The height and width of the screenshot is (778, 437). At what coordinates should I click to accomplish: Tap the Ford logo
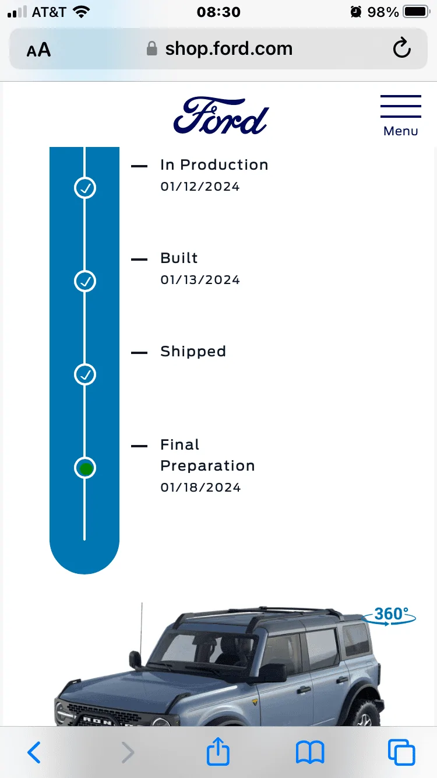[x=221, y=115]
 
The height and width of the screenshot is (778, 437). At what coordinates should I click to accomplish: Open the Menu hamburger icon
[x=400, y=106]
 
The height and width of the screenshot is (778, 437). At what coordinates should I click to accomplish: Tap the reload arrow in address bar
[x=401, y=48]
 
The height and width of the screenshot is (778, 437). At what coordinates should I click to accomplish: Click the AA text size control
[x=39, y=50]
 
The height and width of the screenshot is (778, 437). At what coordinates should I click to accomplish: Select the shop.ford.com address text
[x=229, y=48]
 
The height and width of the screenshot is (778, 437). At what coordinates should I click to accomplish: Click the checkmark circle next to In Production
[x=85, y=188]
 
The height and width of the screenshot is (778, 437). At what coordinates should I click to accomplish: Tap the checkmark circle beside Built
[x=85, y=281]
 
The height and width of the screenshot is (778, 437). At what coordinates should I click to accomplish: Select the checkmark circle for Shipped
[x=85, y=374]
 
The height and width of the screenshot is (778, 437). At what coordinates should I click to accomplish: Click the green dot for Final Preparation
[x=86, y=468]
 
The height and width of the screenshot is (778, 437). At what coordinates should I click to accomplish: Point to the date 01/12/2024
[x=200, y=187]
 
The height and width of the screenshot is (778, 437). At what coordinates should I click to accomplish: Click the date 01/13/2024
[x=200, y=279]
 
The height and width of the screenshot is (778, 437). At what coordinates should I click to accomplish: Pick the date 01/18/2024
[x=200, y=488]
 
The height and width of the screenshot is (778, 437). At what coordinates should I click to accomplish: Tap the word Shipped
[x=193, y=352]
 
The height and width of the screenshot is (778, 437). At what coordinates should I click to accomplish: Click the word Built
[x=179, y=258]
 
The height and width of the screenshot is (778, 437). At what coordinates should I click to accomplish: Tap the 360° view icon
[x=389, y=616]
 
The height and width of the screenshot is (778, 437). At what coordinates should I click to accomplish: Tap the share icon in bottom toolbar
[x=218, y=751]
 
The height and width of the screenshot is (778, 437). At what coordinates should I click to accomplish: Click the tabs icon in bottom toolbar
[x=401, y=752]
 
